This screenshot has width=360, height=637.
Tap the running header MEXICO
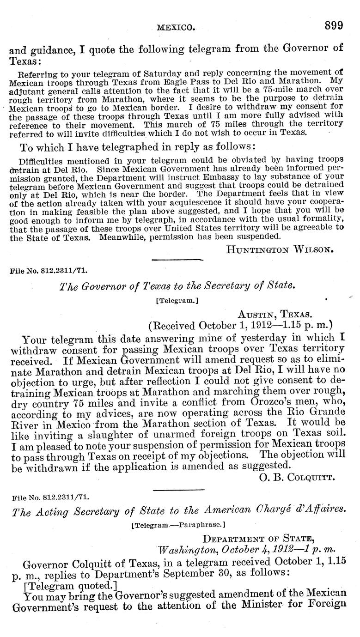175,28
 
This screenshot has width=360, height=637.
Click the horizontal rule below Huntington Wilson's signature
177,260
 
